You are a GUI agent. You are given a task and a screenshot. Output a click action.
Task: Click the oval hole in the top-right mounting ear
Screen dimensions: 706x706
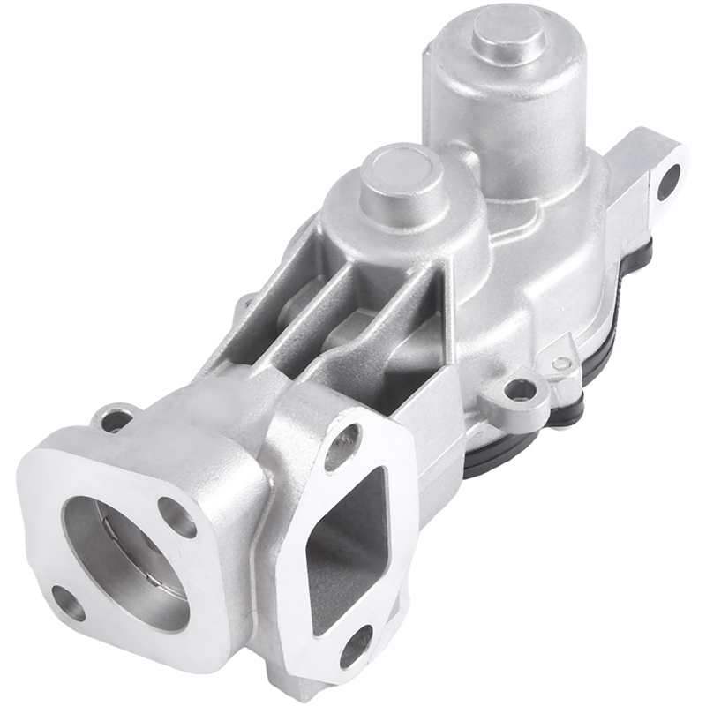[668, 181]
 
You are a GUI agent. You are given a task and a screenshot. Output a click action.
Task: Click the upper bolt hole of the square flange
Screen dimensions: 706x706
[176, 516]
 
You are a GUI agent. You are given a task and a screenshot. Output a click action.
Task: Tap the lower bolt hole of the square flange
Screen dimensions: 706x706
[68, 602]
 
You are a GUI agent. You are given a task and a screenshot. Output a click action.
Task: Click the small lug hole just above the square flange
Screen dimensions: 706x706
[116, 417]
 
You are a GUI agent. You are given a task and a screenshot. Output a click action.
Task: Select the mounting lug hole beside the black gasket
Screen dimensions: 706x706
[522, 389]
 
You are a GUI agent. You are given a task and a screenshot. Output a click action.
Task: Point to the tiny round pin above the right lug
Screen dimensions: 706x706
[560, 362]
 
